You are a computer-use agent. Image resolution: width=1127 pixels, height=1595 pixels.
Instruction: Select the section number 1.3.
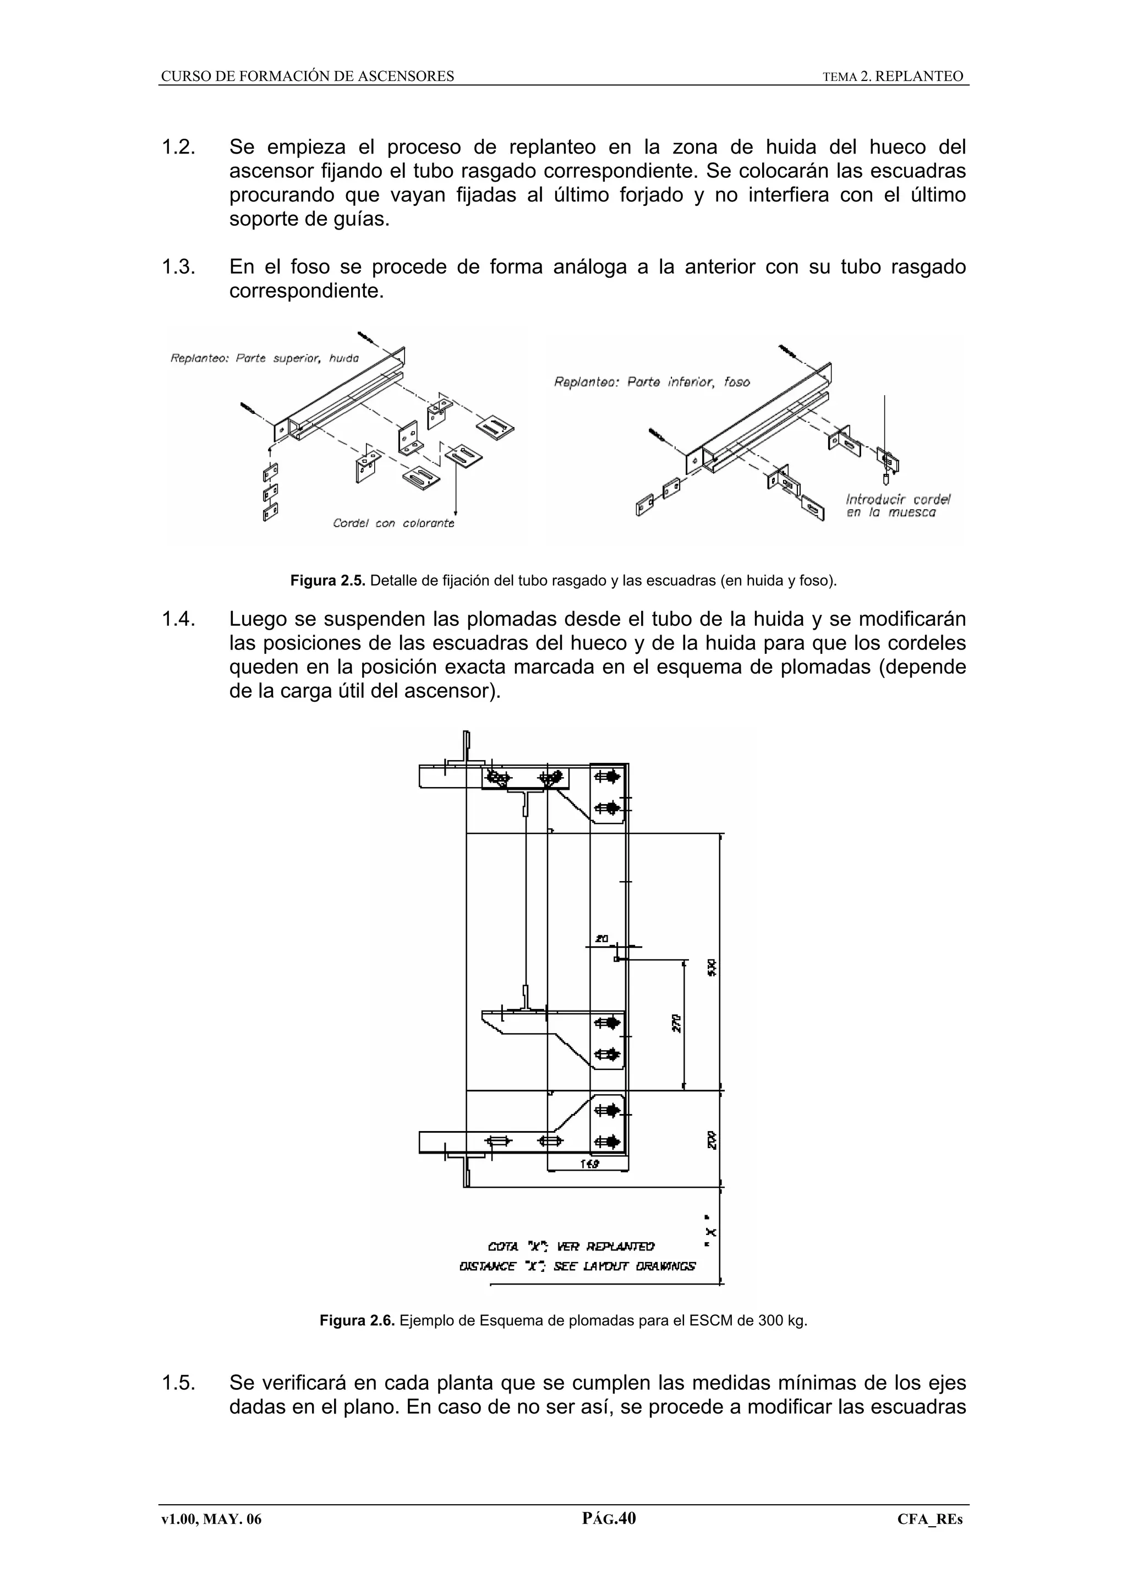point(178,267)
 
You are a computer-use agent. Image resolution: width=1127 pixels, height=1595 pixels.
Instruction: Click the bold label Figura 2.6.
point(357,1320)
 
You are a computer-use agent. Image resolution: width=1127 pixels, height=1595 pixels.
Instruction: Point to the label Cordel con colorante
point(393,523)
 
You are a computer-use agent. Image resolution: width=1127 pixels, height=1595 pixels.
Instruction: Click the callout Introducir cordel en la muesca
point(898,506)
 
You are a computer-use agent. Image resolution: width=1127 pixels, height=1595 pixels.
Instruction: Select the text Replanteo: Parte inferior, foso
point(652,382)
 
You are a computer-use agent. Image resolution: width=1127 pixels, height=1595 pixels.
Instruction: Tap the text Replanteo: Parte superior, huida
point(265,358)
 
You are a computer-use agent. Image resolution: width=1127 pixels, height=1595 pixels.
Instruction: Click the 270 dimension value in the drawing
point(676,1023)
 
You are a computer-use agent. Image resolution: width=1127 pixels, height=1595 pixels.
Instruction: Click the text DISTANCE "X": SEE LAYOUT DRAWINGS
point(577,1266)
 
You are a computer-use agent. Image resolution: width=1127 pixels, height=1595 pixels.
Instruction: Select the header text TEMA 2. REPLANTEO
point(893,77)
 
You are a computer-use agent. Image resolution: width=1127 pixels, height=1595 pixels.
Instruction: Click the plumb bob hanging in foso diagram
point(885,479)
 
